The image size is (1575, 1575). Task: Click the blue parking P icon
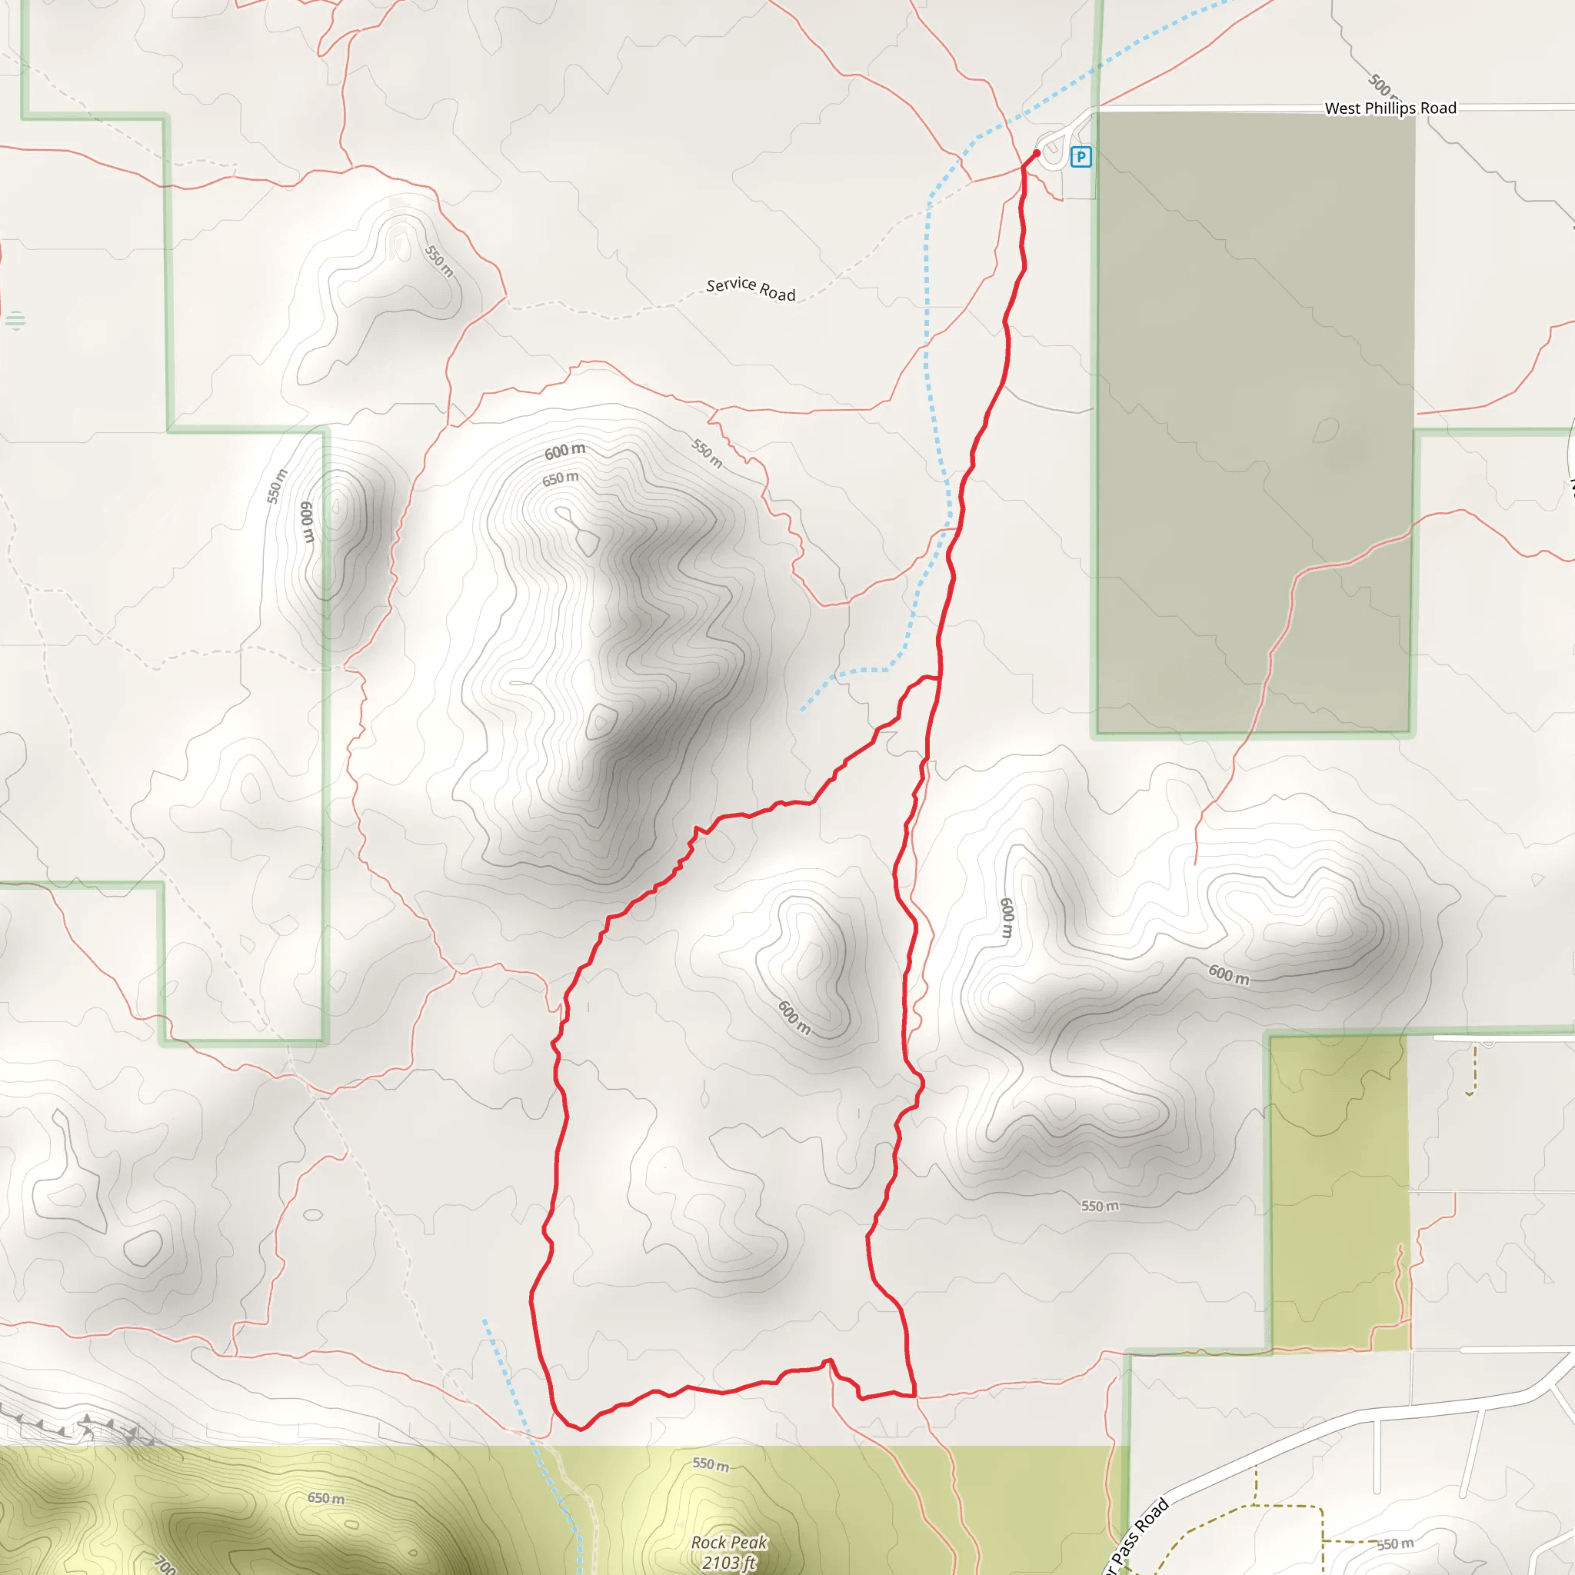(x=1081, y=157)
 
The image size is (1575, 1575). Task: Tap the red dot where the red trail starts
(x=1037, y=153)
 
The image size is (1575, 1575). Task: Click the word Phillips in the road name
(x=1390, y=108)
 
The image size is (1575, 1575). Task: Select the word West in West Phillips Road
(x=1343, y=108)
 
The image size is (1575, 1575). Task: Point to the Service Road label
(x=751, y=288)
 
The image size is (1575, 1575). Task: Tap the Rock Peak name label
(x=729, y=1543)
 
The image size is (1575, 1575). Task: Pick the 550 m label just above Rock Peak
(x=711, y=1465)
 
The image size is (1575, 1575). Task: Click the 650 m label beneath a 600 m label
(x=561, y=478)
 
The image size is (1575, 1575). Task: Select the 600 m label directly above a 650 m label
(x=565, y=451)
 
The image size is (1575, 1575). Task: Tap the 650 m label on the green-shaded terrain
(x=326, y=1498)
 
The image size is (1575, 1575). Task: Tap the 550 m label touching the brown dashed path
(x=1396, y=1544)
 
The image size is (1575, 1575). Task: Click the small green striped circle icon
(x=15, y=321)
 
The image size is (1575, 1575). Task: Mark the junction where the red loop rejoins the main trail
(x=940, y=678)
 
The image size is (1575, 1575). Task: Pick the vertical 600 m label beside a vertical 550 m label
(x=308, y=521)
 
